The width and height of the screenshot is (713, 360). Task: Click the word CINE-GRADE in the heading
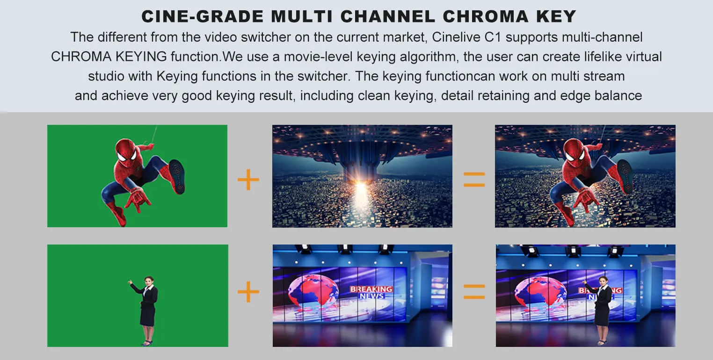(203, 16)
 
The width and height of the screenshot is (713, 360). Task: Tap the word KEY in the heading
(556, 16)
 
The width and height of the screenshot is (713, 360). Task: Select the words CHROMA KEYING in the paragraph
(109, 57)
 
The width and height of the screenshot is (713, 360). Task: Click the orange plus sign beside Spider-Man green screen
(248, 180)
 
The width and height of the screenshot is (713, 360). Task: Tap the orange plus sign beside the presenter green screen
(248, 292)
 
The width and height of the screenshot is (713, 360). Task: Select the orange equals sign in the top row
(474, 180)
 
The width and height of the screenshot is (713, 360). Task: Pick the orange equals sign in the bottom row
(474, 292)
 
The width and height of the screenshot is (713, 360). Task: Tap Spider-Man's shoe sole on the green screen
(177, 177)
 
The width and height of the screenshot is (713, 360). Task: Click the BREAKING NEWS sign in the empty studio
(371, 292)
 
